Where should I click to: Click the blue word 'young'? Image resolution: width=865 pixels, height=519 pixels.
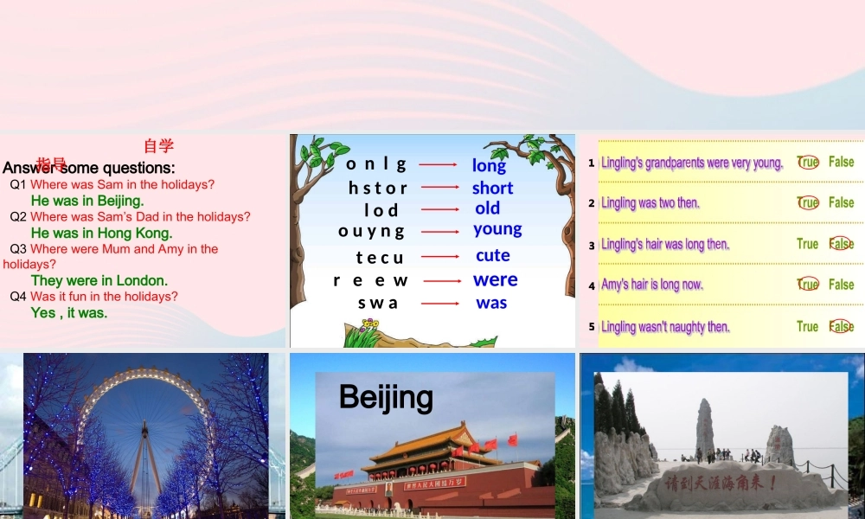[497, 229]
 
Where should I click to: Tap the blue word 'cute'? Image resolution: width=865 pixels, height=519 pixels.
[492, 255]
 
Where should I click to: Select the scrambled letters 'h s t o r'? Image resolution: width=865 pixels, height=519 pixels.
[377, 188]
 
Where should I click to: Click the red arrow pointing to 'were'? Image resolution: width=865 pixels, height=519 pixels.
[442, 280]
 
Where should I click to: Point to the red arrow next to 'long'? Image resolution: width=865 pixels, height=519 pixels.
[438, 163]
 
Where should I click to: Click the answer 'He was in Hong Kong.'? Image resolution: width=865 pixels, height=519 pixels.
[101, 233]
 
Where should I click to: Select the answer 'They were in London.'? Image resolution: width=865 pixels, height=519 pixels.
[99, 280]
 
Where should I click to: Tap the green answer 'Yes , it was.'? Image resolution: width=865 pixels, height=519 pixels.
[69, 312]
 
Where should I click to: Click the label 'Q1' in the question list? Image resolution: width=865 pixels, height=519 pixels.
[19, 184]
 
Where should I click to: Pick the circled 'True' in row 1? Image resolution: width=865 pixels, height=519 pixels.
[808, 162]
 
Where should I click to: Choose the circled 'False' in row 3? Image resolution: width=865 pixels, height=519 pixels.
[841, 244]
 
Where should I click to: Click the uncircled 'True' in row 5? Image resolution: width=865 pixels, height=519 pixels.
[807, 326]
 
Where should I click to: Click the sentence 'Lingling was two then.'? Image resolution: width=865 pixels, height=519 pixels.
[650, 203]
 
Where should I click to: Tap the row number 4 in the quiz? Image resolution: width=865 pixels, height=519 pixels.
[592, 285]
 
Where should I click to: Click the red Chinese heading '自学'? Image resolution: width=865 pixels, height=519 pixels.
[158, 145]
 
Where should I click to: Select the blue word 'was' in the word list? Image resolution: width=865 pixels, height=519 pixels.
[491, 303]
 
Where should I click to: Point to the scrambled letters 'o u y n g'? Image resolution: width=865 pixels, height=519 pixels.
[371, 231]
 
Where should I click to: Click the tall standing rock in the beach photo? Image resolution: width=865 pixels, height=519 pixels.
[705, 427]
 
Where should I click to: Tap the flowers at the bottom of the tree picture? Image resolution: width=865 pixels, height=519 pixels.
[369, 328]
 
